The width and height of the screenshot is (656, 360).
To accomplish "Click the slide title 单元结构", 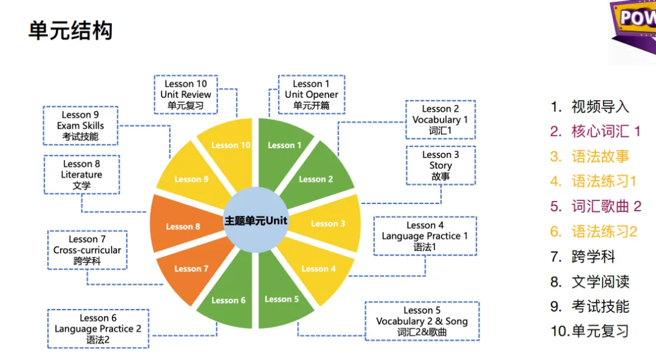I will (x=70, y=30).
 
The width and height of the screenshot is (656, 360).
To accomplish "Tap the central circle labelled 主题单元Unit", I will (x=256, y=220).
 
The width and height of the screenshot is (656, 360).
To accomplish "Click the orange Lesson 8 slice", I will (x=183, y=226).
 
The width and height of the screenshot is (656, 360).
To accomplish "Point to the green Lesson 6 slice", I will (x=228, y=300).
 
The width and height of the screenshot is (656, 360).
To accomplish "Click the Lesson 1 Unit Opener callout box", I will (x=312, y=95).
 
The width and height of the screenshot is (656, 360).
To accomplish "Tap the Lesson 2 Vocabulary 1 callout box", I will (x=440, y=120).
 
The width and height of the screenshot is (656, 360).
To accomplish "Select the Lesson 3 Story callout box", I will (x=440, y=165).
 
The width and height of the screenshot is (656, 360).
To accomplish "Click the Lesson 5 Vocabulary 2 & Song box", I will (x=422, y=321).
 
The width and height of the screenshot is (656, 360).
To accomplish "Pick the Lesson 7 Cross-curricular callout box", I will (x=87, y=250).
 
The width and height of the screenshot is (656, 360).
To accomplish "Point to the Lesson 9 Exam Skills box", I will (x=80, y=126).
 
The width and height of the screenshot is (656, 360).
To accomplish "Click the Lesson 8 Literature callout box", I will (x=81, y=175).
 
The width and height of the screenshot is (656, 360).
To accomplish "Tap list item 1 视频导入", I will (x=590, y=107).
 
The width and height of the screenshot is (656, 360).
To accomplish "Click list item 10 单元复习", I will (x=589, y=331).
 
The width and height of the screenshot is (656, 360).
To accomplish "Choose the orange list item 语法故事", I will (x=589, y=157).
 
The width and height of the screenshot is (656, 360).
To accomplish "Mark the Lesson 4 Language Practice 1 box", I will (x=425, y=236).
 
